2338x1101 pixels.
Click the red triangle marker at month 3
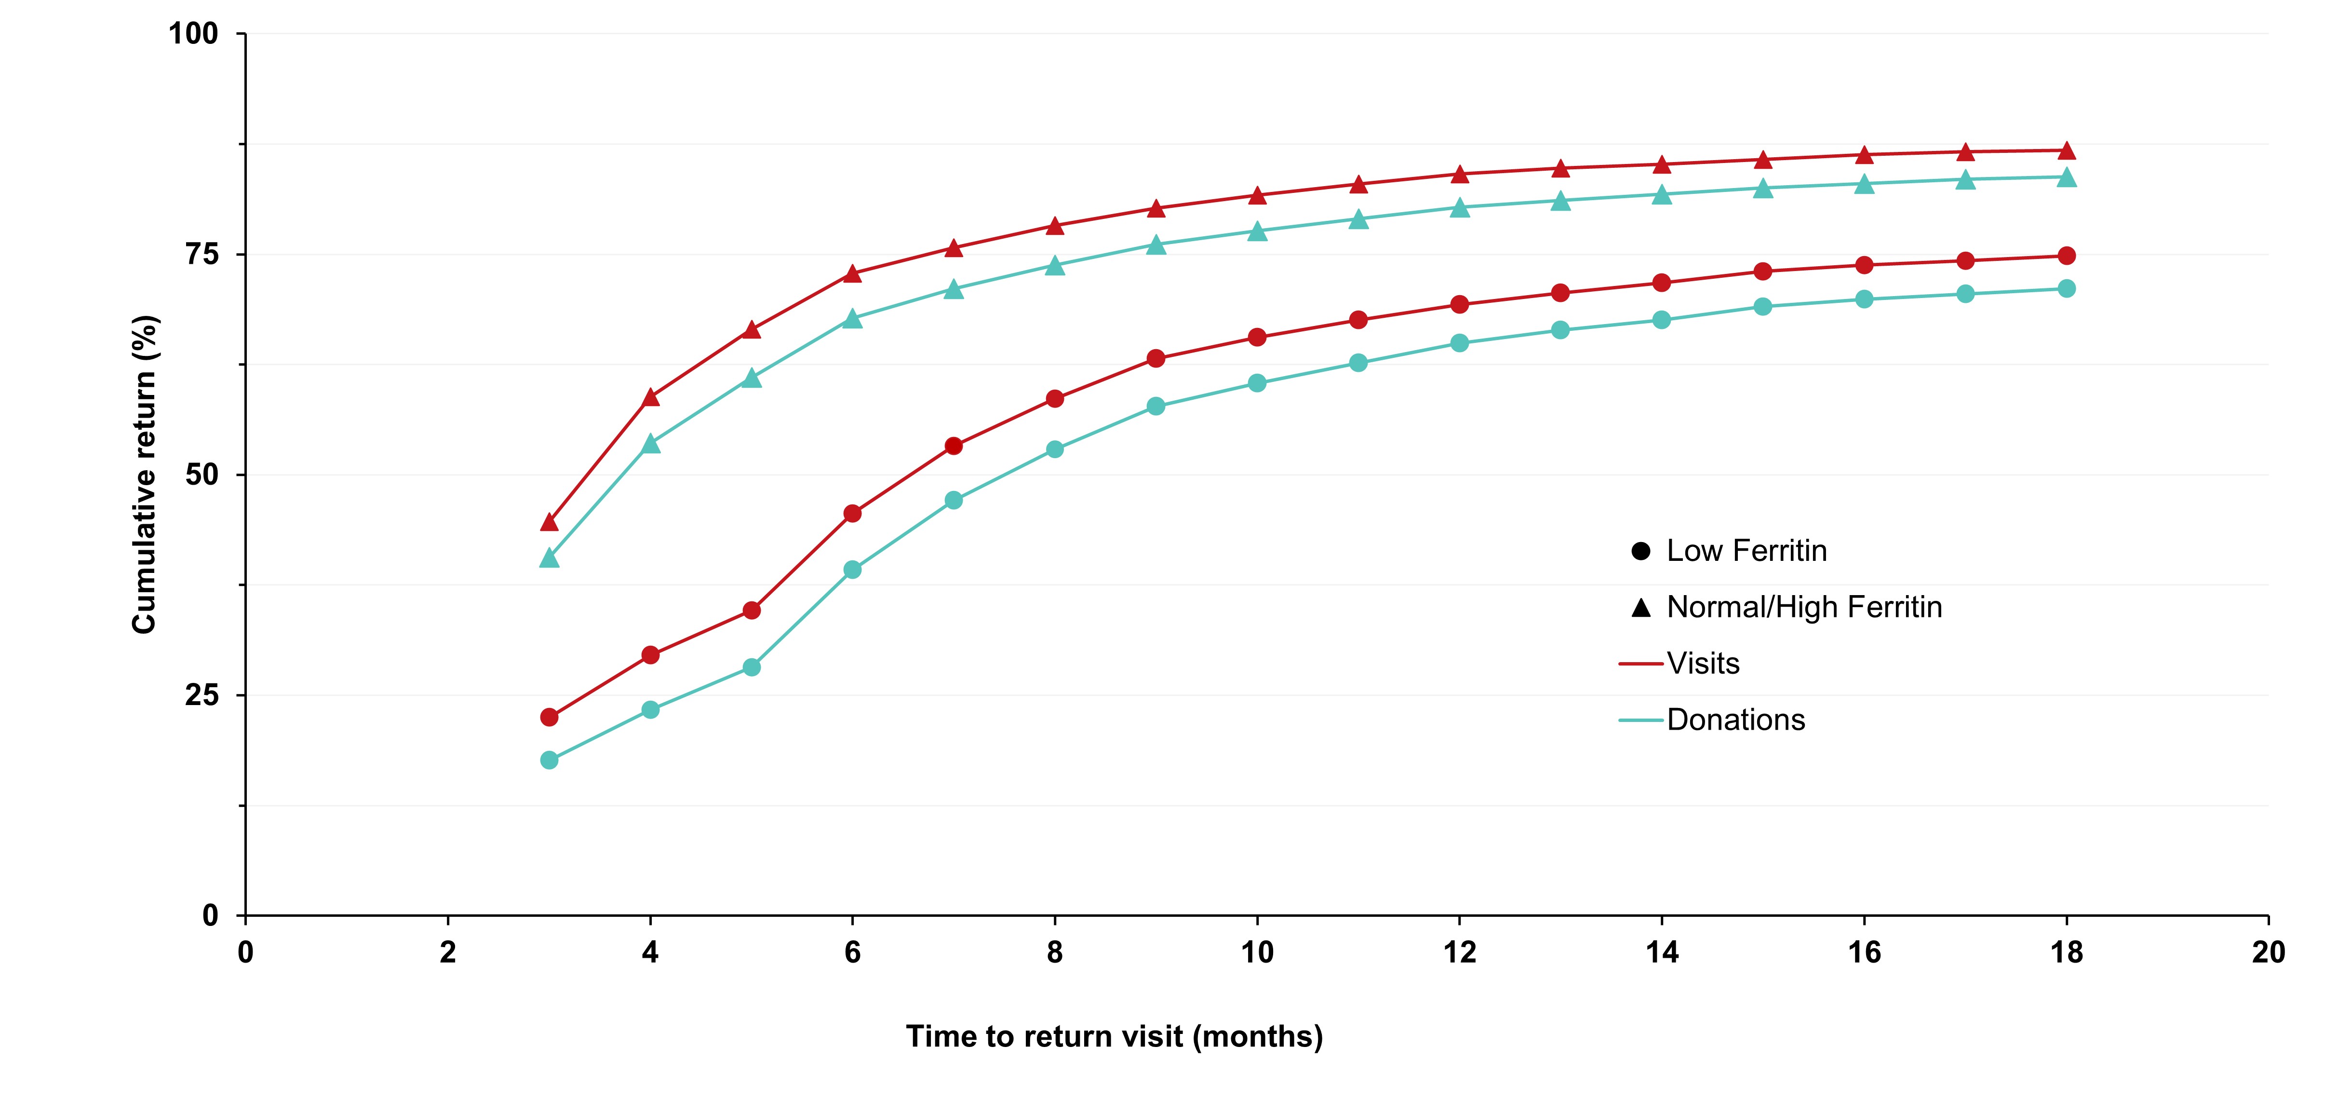point(549,522)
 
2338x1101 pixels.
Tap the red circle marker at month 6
point(852,514)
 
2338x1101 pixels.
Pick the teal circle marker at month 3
point(549,760)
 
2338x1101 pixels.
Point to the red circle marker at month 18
point(2067,256)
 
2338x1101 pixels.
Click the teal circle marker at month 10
point(1257,383)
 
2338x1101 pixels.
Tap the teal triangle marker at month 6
point(852,319)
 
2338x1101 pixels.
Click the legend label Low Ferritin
point(1746,551)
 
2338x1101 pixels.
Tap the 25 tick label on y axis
point(202,695)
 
